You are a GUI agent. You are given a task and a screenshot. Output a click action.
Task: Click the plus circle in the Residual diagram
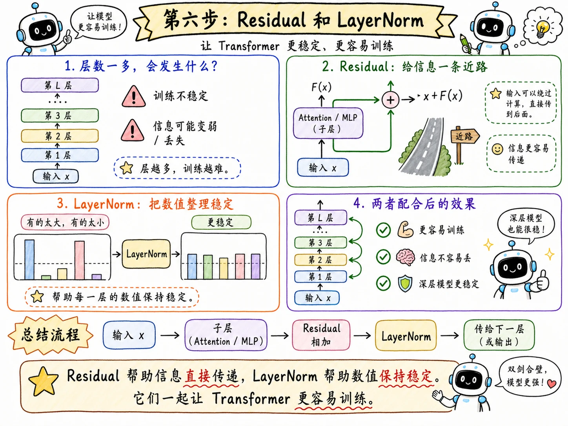(x=390, y=100)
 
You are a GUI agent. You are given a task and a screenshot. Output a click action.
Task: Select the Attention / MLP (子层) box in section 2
(x=328, y=123)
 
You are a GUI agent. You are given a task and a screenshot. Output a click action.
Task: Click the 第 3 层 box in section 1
(x=60, y=115)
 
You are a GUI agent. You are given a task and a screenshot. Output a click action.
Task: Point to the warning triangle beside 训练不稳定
(x=133, y=96)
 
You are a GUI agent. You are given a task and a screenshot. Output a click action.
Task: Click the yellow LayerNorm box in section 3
(x=146, y=254)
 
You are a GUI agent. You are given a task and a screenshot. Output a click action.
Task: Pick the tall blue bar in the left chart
(x=29, y=259)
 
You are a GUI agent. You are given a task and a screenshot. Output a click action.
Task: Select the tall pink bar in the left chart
(x=80, y=260)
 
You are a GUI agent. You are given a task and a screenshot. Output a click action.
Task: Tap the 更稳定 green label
(x=221, y=222)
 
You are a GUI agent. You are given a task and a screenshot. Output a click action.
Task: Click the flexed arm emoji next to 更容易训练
(x=405, y=230)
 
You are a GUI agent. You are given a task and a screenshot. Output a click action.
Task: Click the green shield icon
(x=405, y=283)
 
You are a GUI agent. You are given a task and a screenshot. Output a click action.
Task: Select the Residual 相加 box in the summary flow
(x=321, y=335)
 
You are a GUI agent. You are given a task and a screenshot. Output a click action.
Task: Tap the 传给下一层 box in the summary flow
(x=499, y=335)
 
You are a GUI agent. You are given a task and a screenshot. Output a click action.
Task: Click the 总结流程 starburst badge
(x=51, y=335)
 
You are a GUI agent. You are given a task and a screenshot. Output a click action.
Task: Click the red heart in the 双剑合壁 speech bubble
(x=552, y=384)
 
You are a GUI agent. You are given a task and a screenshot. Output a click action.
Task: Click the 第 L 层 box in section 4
(x=320, y=218)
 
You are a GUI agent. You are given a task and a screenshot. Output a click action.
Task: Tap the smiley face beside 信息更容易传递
(x=497, y=149)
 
